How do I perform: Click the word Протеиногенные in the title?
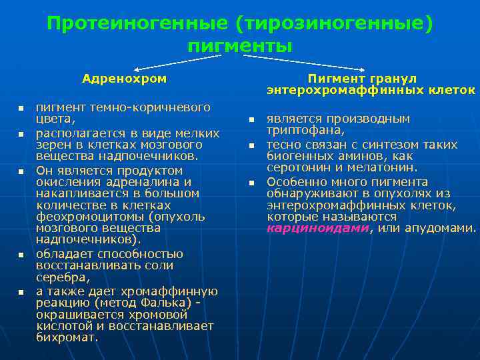point(137,24)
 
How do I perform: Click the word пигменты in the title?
point(240,46)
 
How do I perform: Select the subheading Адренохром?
point(124,79)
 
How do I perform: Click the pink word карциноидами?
point(317,227)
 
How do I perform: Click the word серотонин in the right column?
point(296,167)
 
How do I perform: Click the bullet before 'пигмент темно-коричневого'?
point(21,108)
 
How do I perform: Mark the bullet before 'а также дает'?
point(21,292)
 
